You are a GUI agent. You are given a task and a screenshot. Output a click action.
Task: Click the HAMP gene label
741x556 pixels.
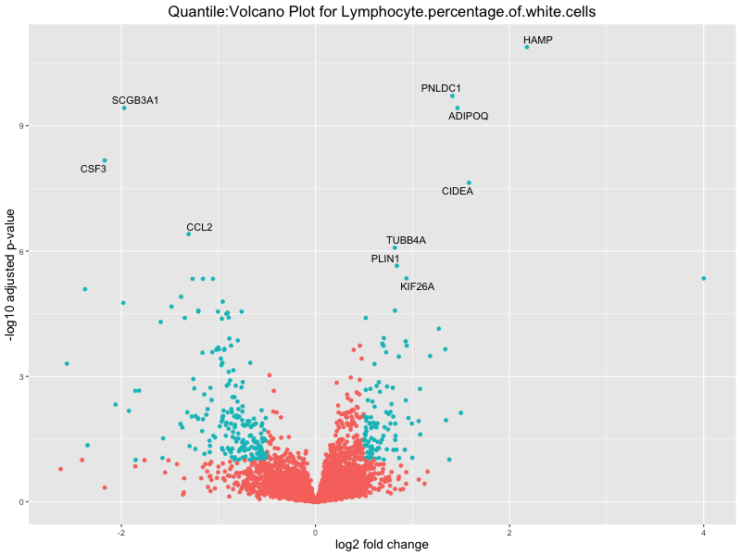537,41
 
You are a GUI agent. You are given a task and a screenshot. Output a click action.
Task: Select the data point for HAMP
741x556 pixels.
527,46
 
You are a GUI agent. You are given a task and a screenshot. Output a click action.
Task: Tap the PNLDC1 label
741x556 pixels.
441,89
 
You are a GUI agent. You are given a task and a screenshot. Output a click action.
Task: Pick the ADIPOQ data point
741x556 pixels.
458,107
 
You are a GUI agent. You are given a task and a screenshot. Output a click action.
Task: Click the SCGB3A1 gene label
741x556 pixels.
135,100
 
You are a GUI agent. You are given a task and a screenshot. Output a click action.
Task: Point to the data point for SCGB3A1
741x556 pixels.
124,107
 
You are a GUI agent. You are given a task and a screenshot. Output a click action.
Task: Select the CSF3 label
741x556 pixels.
94,170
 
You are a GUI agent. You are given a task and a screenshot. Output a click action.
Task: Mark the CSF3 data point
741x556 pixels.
105,160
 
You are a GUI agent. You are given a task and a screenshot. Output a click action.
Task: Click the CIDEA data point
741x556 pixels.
469,183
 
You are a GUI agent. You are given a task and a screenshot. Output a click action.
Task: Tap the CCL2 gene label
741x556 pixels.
199,227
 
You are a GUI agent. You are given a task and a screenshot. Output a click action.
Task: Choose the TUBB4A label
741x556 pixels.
406,241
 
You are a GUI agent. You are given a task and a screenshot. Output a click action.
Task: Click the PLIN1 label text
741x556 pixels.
385,259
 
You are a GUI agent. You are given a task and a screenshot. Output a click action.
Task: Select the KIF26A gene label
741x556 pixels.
417,286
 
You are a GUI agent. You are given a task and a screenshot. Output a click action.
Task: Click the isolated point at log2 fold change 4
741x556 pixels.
704,278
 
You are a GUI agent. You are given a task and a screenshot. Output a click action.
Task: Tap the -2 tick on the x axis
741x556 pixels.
121,532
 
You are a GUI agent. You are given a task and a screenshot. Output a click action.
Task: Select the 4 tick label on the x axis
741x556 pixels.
704,532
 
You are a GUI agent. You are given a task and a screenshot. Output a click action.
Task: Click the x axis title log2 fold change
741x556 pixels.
382,545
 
